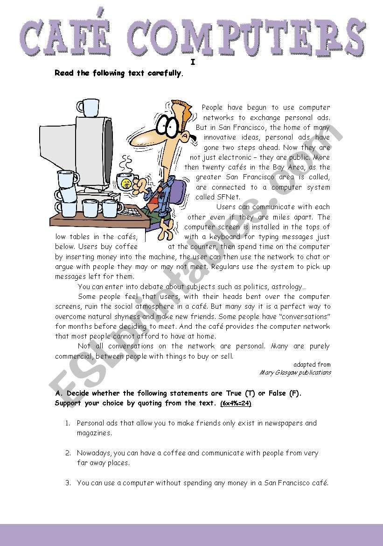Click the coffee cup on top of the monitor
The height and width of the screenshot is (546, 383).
[x=88, y=107]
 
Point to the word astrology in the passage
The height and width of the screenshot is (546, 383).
[x=284, y=286]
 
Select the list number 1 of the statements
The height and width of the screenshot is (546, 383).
[x=68, y=423]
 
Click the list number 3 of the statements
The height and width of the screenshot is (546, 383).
[x=68, y=483]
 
